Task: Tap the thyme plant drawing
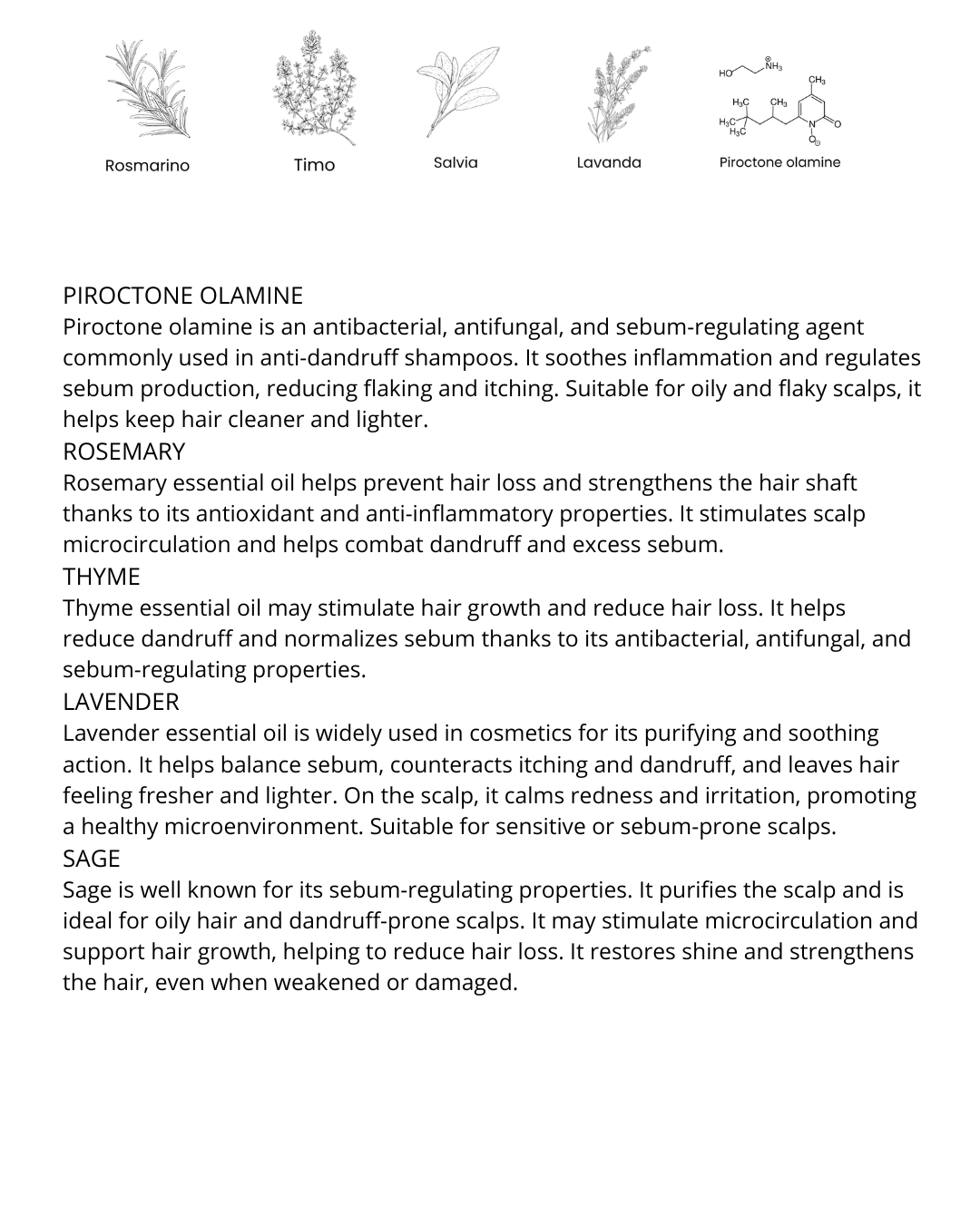[314, 88]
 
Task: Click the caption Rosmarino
[147, 165]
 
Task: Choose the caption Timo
[314, 165]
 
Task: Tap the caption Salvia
[456, 162]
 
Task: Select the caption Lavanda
[609, 162]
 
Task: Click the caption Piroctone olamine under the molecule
[779, 162]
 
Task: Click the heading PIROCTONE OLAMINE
[182, 296]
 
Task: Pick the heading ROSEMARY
[123, 452]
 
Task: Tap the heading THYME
[102, 577]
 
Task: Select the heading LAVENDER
[121, 702]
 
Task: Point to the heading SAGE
[92, 859]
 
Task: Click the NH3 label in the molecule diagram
[773, 65]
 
